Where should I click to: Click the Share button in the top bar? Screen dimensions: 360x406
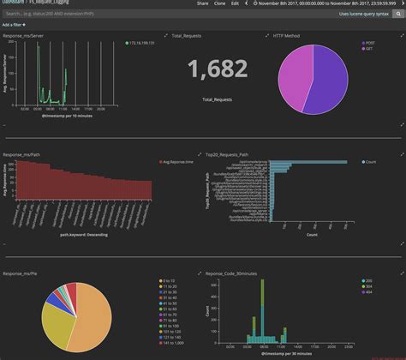[x=202, y=3]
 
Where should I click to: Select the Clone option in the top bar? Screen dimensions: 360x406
[x=221, y=3]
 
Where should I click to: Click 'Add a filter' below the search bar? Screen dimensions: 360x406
[x=13, y=26]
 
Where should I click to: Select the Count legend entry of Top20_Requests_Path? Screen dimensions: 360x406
[x=373, y=161]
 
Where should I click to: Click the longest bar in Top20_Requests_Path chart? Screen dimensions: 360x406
[x=317, y=161]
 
